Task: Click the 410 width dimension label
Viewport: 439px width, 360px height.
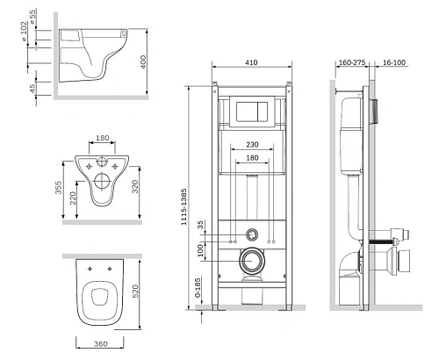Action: pyautogui.click(x=251, y=62)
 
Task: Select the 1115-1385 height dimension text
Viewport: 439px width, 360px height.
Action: pyautogui.click(x=184, y=207)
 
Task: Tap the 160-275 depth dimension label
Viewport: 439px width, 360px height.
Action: pyautogui.click(x=352, y=62)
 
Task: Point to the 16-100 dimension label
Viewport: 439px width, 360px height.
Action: pyautogui.click(x=394, y=62)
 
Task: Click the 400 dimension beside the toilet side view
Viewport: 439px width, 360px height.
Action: pyautogui.click(x=143, y=62)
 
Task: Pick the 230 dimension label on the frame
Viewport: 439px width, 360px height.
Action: pyautogui.click(x=252, y=145)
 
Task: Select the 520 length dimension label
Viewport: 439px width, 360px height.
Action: pyautogui.click(x=135, y=292)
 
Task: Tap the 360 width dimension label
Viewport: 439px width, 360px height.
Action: pyautogui.click(x=101, y=343)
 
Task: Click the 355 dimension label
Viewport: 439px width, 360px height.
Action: pyautogui.click(x=59, y=187)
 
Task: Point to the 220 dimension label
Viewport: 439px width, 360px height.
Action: pyautogui.click(x=73, y=198)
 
